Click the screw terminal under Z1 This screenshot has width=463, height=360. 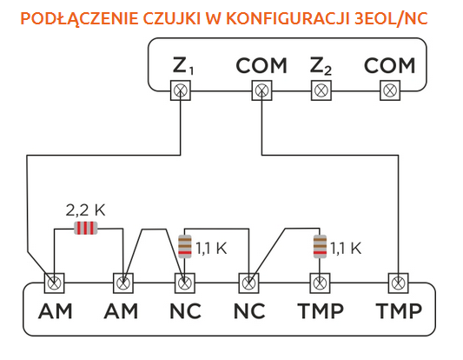click(x=181, y=90)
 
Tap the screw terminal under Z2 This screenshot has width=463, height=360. click(x=321, y=90)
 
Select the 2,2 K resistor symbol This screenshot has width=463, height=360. click(x=85, y=228)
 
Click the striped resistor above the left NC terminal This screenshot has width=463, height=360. click(x=185, y=246)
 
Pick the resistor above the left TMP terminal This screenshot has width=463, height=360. click(x=320, y=246)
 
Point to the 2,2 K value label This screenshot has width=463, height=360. click(x=85, y=210)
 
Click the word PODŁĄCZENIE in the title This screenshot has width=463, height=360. click(x=79, y=19)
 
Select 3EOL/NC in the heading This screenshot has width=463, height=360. click(x=391, y=18)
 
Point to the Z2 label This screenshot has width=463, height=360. click(x=321, y=66)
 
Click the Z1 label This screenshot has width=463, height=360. click(x=183, y=66)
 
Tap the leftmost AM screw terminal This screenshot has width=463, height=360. click(x=55, y=283)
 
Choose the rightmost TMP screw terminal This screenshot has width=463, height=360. click(x=399, y=283)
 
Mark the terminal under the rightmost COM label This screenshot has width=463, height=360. click(x=390, y=90)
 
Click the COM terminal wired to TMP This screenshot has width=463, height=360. click(x=262, y=90)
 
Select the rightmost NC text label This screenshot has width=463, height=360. click(x=249, y=311)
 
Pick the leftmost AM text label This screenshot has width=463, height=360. click(x=56, y=311)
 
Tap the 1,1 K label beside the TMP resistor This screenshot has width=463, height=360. click(x=346, y=249)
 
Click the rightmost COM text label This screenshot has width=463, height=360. click(x=390, y=65)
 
